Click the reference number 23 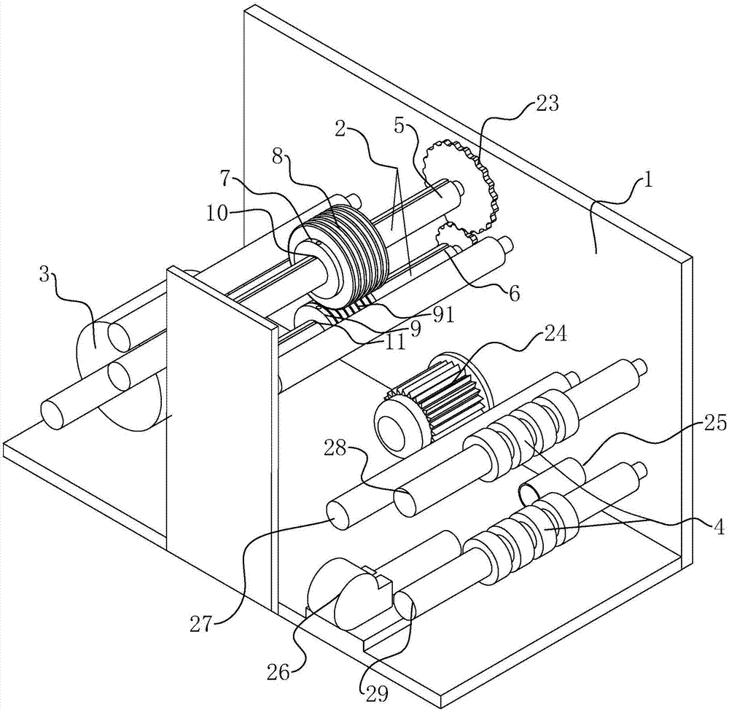coord(545,104)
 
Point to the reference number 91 coord(443,315)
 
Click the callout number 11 coord(395,342)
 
